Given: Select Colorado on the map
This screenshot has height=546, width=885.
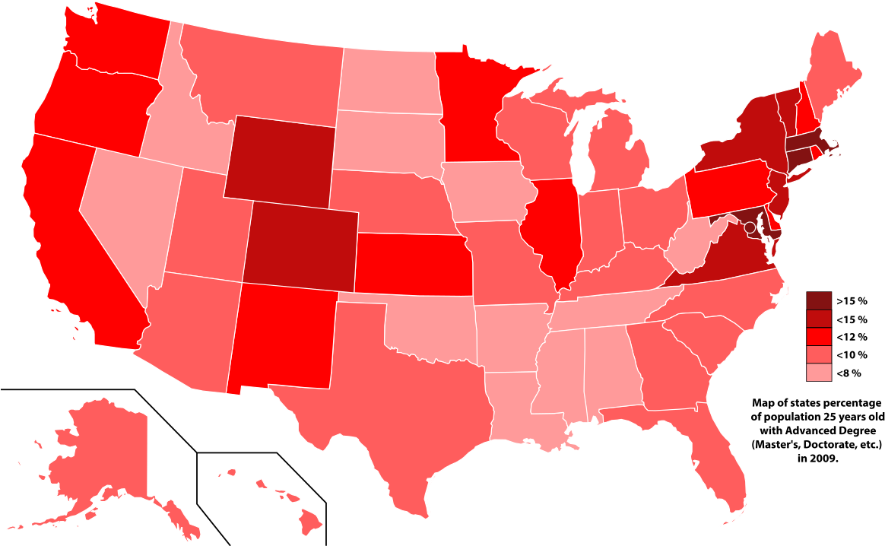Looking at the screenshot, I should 300,246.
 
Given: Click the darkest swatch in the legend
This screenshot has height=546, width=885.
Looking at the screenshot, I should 819,300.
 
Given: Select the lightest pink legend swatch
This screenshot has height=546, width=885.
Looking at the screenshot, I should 819,372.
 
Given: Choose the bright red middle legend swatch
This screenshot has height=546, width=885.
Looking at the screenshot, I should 819,336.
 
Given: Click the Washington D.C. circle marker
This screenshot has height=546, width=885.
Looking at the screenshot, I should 750,227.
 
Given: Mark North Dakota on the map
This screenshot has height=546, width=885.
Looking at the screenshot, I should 388,80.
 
